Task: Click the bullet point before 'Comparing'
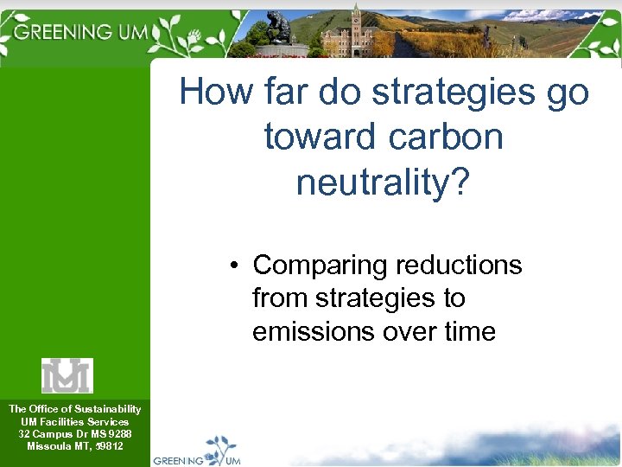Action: point(235,265)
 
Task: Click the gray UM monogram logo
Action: point(67,375)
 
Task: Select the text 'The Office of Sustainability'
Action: point(74,408)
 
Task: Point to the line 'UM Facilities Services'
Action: point(74,421)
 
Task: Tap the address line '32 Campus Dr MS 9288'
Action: point(74,433)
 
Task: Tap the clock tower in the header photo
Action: point(355,26)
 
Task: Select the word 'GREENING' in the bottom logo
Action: point(178,460)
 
